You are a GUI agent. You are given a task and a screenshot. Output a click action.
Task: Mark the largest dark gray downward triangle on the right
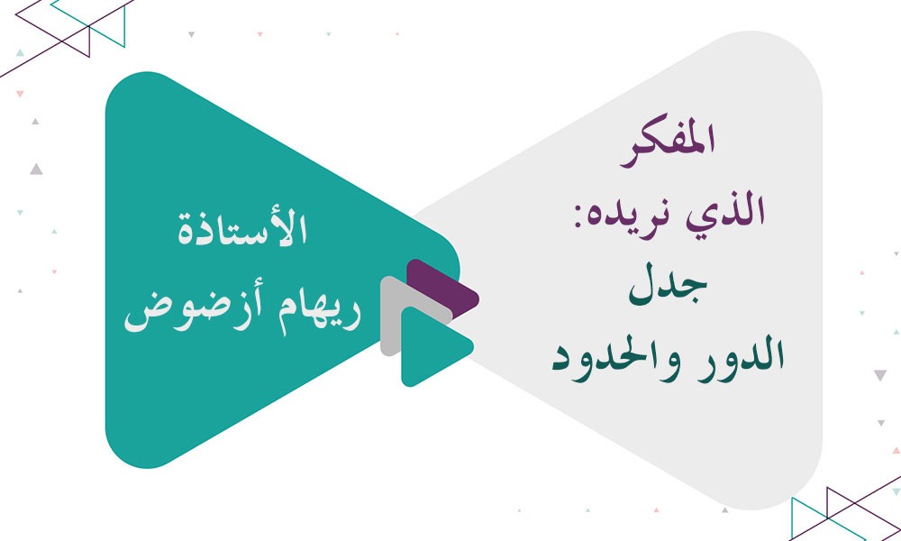[879, 375]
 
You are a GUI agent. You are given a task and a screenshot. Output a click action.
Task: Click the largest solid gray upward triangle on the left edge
[35, 168]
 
